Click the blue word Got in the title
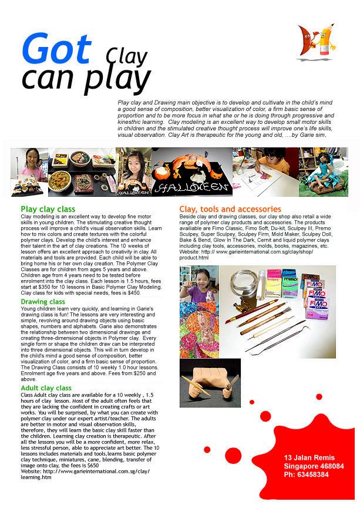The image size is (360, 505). tap(57, 49)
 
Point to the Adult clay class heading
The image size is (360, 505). tap(46, 388)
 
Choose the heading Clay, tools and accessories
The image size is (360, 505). tap(230, 210)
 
